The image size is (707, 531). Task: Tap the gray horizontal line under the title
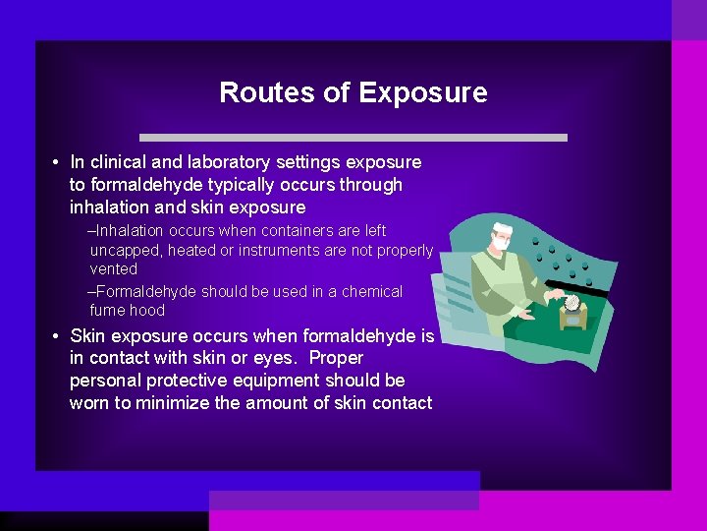click(x=353, y=137)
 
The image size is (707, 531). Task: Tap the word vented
click(x=113, y=269)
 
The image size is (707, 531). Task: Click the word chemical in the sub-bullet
click(x=372, y=292)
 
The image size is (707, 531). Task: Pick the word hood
click(x=148, y=311)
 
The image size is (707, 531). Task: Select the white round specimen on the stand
click(x=572, y=302)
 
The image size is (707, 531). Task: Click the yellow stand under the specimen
click(x=573, y=317)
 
